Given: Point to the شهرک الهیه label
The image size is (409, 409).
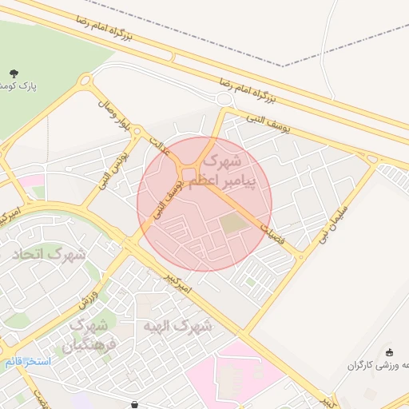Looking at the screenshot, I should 178,326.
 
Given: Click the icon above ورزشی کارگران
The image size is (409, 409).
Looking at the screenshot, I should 389,352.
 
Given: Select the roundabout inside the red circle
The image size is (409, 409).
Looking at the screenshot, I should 190,174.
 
